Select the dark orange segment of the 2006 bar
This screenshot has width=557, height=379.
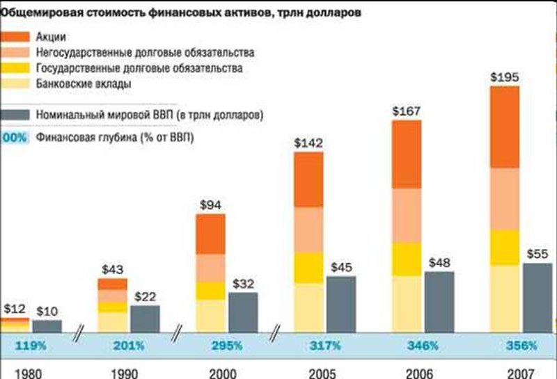[x=407, y=154]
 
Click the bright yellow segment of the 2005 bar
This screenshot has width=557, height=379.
[x=308, y=267]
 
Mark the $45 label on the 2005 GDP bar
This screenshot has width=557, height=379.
[x=340, y=266]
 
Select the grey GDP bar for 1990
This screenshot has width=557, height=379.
[x=144, y=319]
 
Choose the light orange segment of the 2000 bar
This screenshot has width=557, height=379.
[x=210, y=268]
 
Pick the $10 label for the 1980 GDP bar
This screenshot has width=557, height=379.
[x=46, y=310]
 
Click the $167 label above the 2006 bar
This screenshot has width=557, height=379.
[x=407, y=111]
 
